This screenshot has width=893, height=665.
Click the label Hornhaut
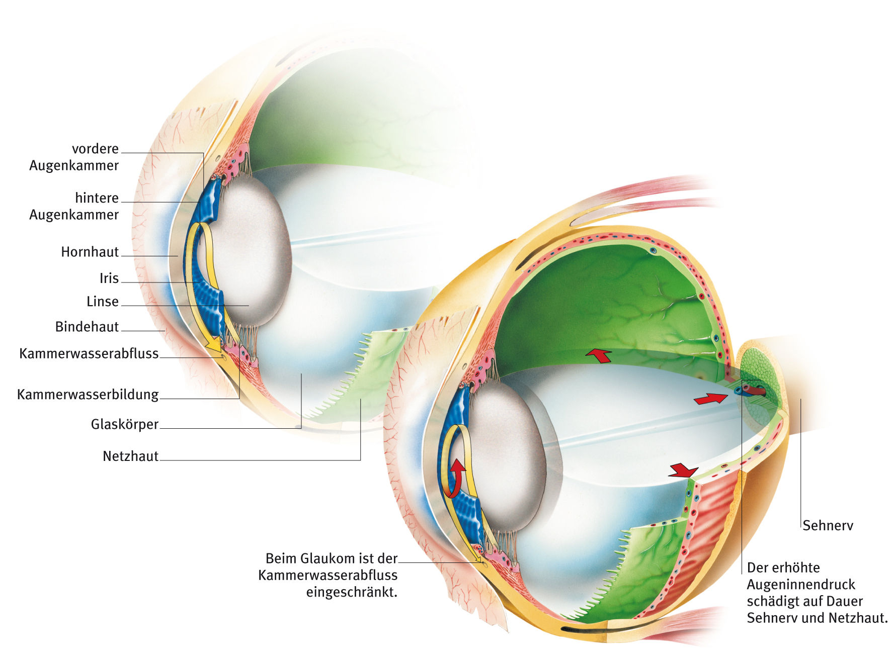coord(90,252)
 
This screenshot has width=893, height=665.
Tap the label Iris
coord(109,278)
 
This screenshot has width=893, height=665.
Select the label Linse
coord(103,302)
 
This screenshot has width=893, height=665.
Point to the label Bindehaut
coord(87,327)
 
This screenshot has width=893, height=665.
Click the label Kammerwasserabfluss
coord(89,354)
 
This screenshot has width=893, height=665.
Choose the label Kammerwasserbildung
coord(88,395)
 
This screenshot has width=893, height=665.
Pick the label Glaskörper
coord(125,424)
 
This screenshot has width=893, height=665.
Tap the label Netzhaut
coord(131,456)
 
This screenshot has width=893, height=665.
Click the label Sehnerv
coord(828,526)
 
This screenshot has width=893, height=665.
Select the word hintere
coord(97,198)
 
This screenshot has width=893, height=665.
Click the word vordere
coord(96,149)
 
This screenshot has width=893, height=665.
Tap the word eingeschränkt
coord(352,592)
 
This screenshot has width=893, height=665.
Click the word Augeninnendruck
coord(801,585)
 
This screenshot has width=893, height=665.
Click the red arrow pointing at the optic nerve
coord(710,399)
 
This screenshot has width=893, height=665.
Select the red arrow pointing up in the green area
coord(599,355)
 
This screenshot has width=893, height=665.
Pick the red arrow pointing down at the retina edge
coord(683,470)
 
